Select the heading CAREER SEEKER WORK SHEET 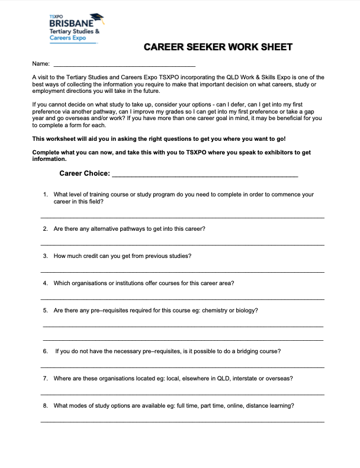pyautogui.click(x=218, y=47)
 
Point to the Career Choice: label pyautogui.click(x=85, y=173)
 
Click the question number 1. pyautogui.click(x=45, y=194)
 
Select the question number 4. pyautogui.click(x=45, y=283)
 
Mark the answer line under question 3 pyautogui.click(x=182, y=272)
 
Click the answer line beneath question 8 pyautogui.click(x=182, y=422)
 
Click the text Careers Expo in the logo pyautogui.click(x=67, y=37)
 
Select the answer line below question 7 pyautogui.click(x=182, y=395)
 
